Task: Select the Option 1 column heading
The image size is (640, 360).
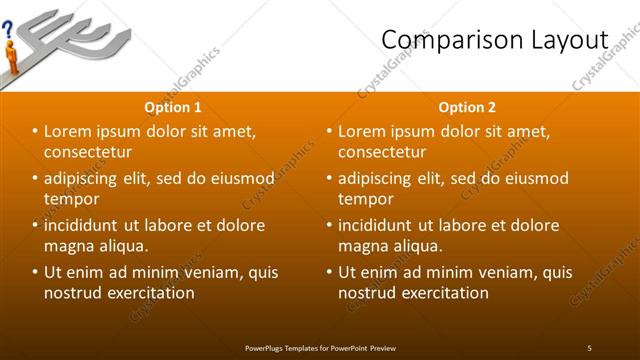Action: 173,107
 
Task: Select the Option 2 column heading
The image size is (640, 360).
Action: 467,107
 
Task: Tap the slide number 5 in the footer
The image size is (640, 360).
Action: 589,348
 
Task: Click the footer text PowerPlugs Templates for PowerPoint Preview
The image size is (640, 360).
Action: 320,348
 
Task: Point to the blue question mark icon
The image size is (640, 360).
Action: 8,30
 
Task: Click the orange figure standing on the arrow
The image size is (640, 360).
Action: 12,55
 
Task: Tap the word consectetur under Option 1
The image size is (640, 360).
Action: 88,152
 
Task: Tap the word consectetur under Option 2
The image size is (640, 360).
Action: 382,152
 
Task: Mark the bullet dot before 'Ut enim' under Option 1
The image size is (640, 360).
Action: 35,272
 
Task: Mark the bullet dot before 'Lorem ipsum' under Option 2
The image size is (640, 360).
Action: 329,131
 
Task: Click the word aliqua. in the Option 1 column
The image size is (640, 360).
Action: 122,246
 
